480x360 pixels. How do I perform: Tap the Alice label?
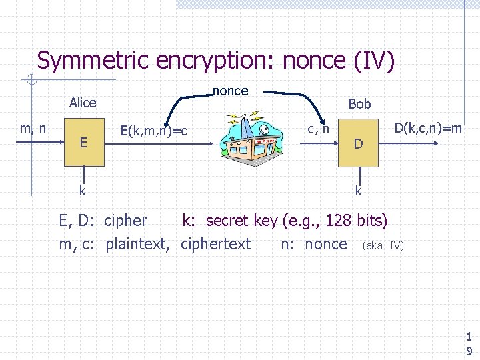coord(83,103)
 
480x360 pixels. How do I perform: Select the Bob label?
coord(359,104)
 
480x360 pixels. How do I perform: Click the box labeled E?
coord(83,143)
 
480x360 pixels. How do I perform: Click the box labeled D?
coord(359,144)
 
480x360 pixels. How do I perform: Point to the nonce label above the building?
coord(230,91)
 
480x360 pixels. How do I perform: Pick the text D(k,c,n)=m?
coord(428,127)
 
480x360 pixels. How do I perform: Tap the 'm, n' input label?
coord(33,128)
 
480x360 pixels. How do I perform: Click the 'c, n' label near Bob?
coord(318,128)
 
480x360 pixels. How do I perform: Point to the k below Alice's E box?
coord(83,191)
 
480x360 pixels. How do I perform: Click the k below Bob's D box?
coord(359,191)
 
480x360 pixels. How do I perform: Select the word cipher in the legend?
coord(126,220)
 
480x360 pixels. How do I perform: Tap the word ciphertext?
coord(215,244)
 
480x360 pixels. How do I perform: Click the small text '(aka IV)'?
coord(383,246)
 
